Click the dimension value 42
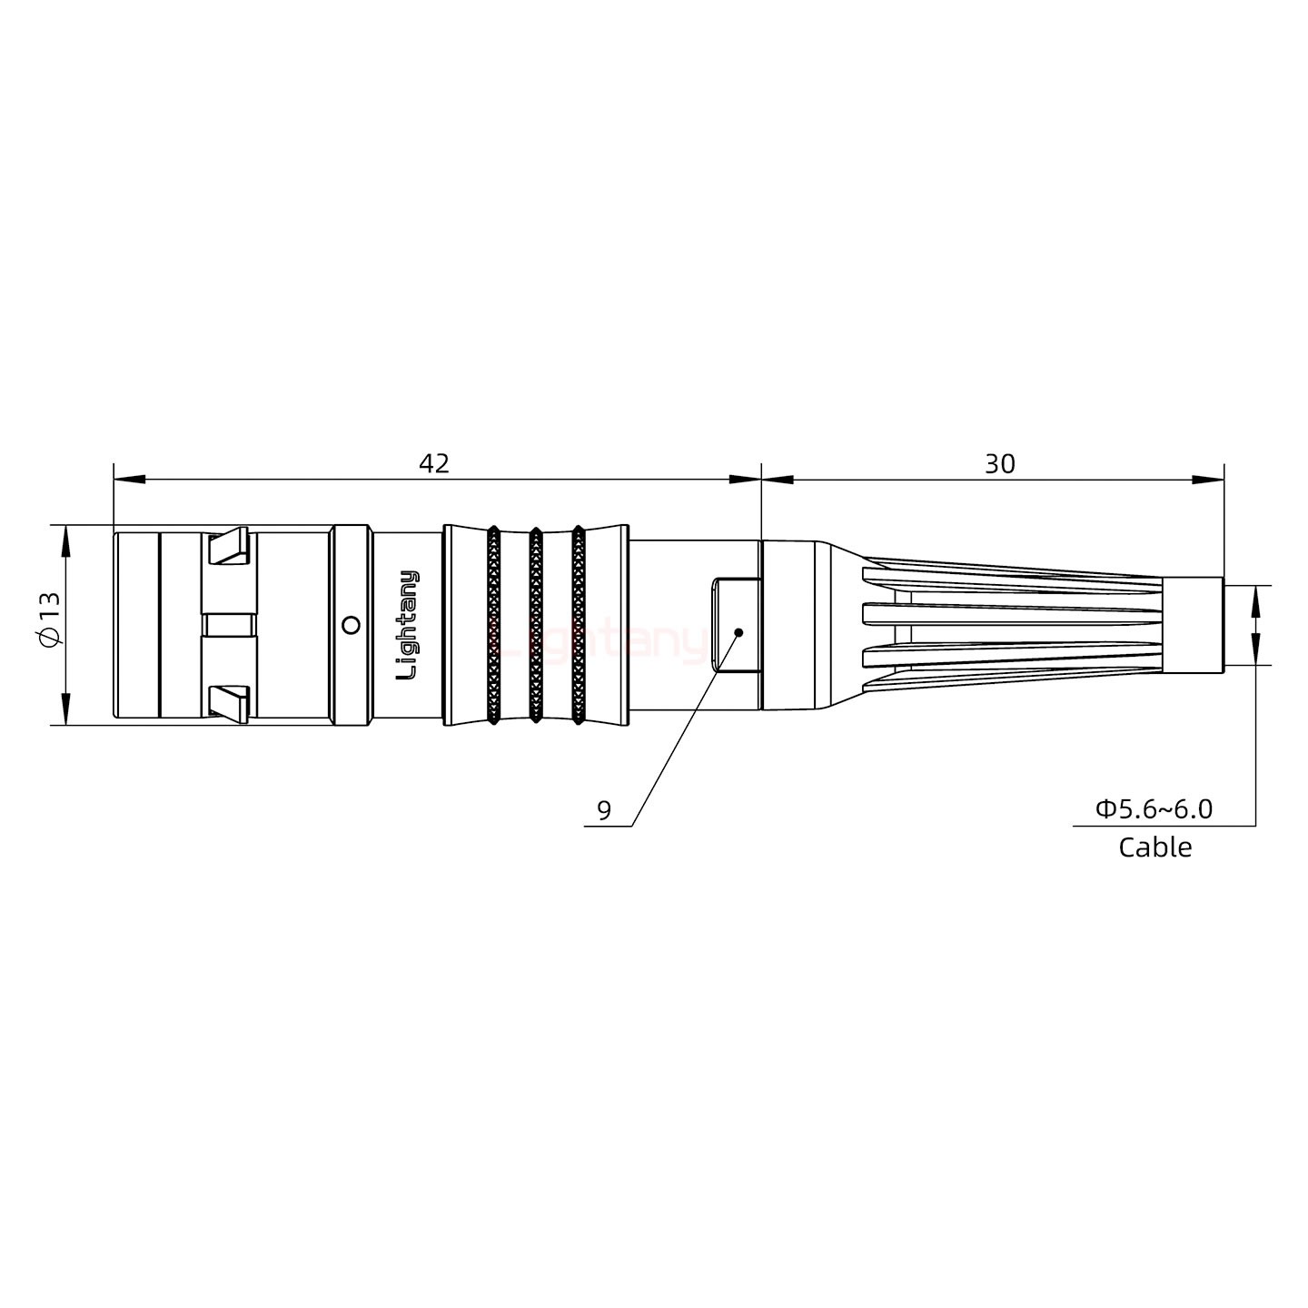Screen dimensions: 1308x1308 point(434,463)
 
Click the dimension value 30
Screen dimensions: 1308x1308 point(999,463)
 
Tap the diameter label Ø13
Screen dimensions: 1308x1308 point(49,625)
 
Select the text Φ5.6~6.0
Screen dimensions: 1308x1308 point(1154,808)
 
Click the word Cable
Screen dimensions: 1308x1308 point(1154,847)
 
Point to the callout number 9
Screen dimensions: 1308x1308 point(605,809)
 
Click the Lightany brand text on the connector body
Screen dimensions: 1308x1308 point(409,625)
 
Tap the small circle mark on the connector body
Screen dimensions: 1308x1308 point(350,625)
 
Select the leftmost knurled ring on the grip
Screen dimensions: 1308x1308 point(493,625)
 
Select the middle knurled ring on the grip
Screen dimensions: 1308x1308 point(536,625)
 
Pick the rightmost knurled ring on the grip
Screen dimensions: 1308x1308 point(578,625)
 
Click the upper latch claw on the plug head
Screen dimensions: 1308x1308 point(229,546)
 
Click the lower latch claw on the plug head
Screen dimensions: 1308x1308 point(229,704)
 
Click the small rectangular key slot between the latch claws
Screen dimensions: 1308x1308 point(229,625)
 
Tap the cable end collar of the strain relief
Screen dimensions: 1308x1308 point(1193,625)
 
